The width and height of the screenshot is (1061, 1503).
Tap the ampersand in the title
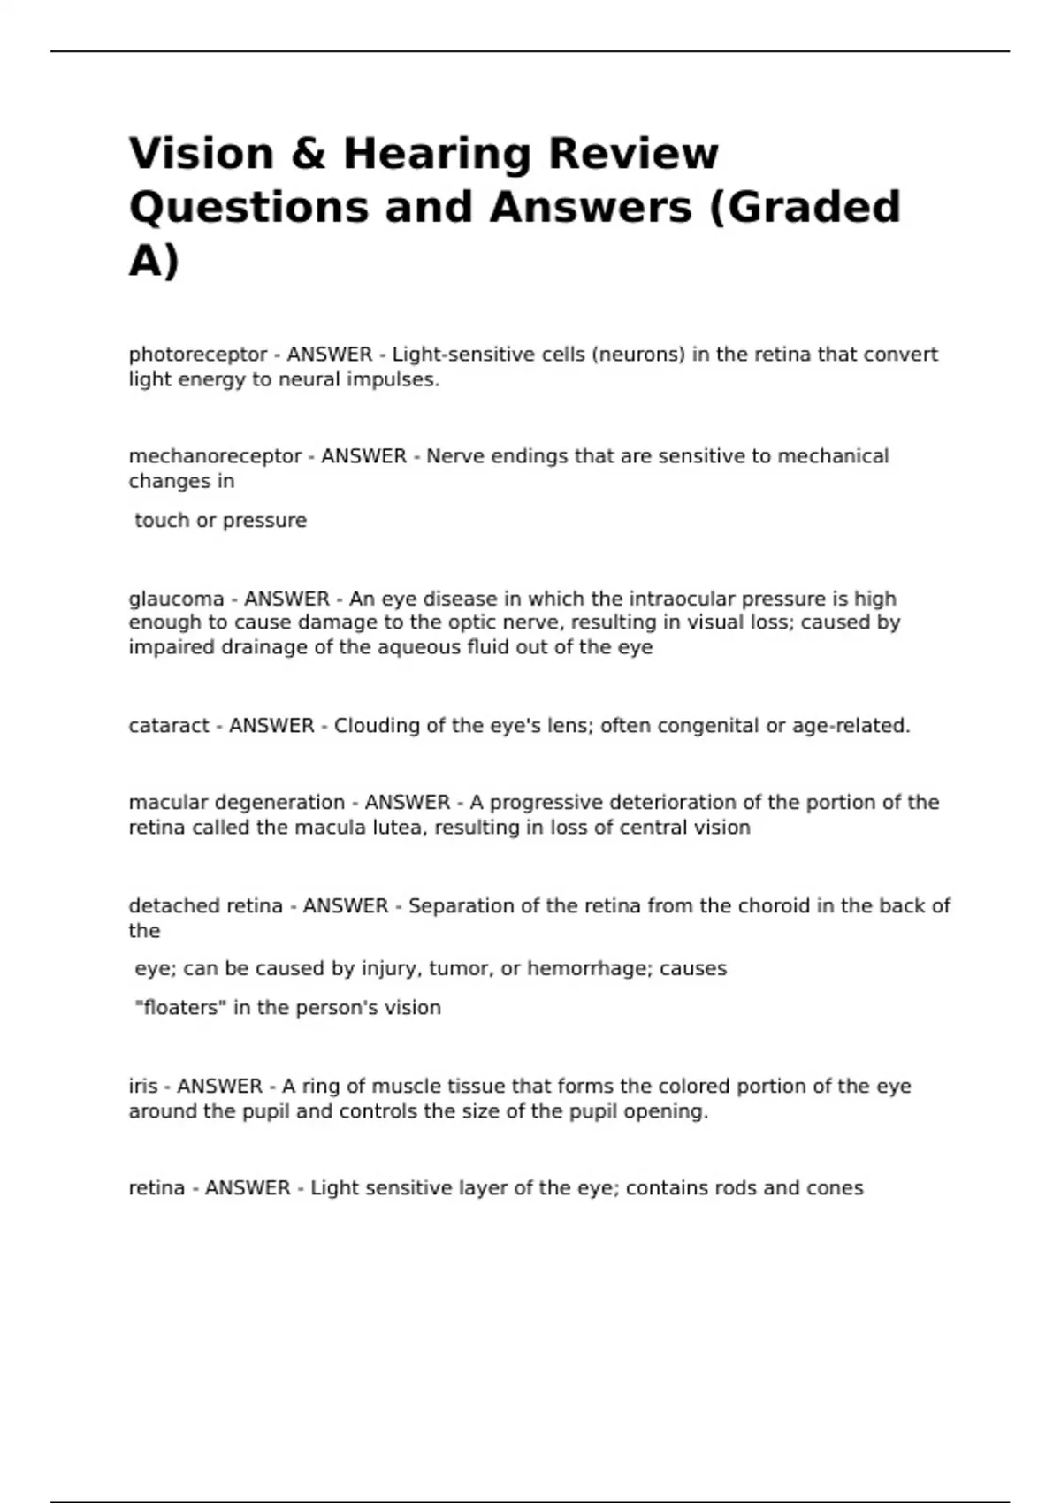tap(309, 153)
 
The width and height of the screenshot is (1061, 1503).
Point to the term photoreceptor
tap(198, 355)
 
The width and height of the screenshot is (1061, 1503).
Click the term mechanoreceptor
tap(215, 456)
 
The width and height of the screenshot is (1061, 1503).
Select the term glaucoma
tap(176, 599)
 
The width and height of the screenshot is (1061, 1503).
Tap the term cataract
tap(168, 726)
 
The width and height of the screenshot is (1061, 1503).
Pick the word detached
tap(173, 906)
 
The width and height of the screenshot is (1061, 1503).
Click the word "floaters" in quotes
tap(180, 1008)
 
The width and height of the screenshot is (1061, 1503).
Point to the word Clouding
tap(377, 726)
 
